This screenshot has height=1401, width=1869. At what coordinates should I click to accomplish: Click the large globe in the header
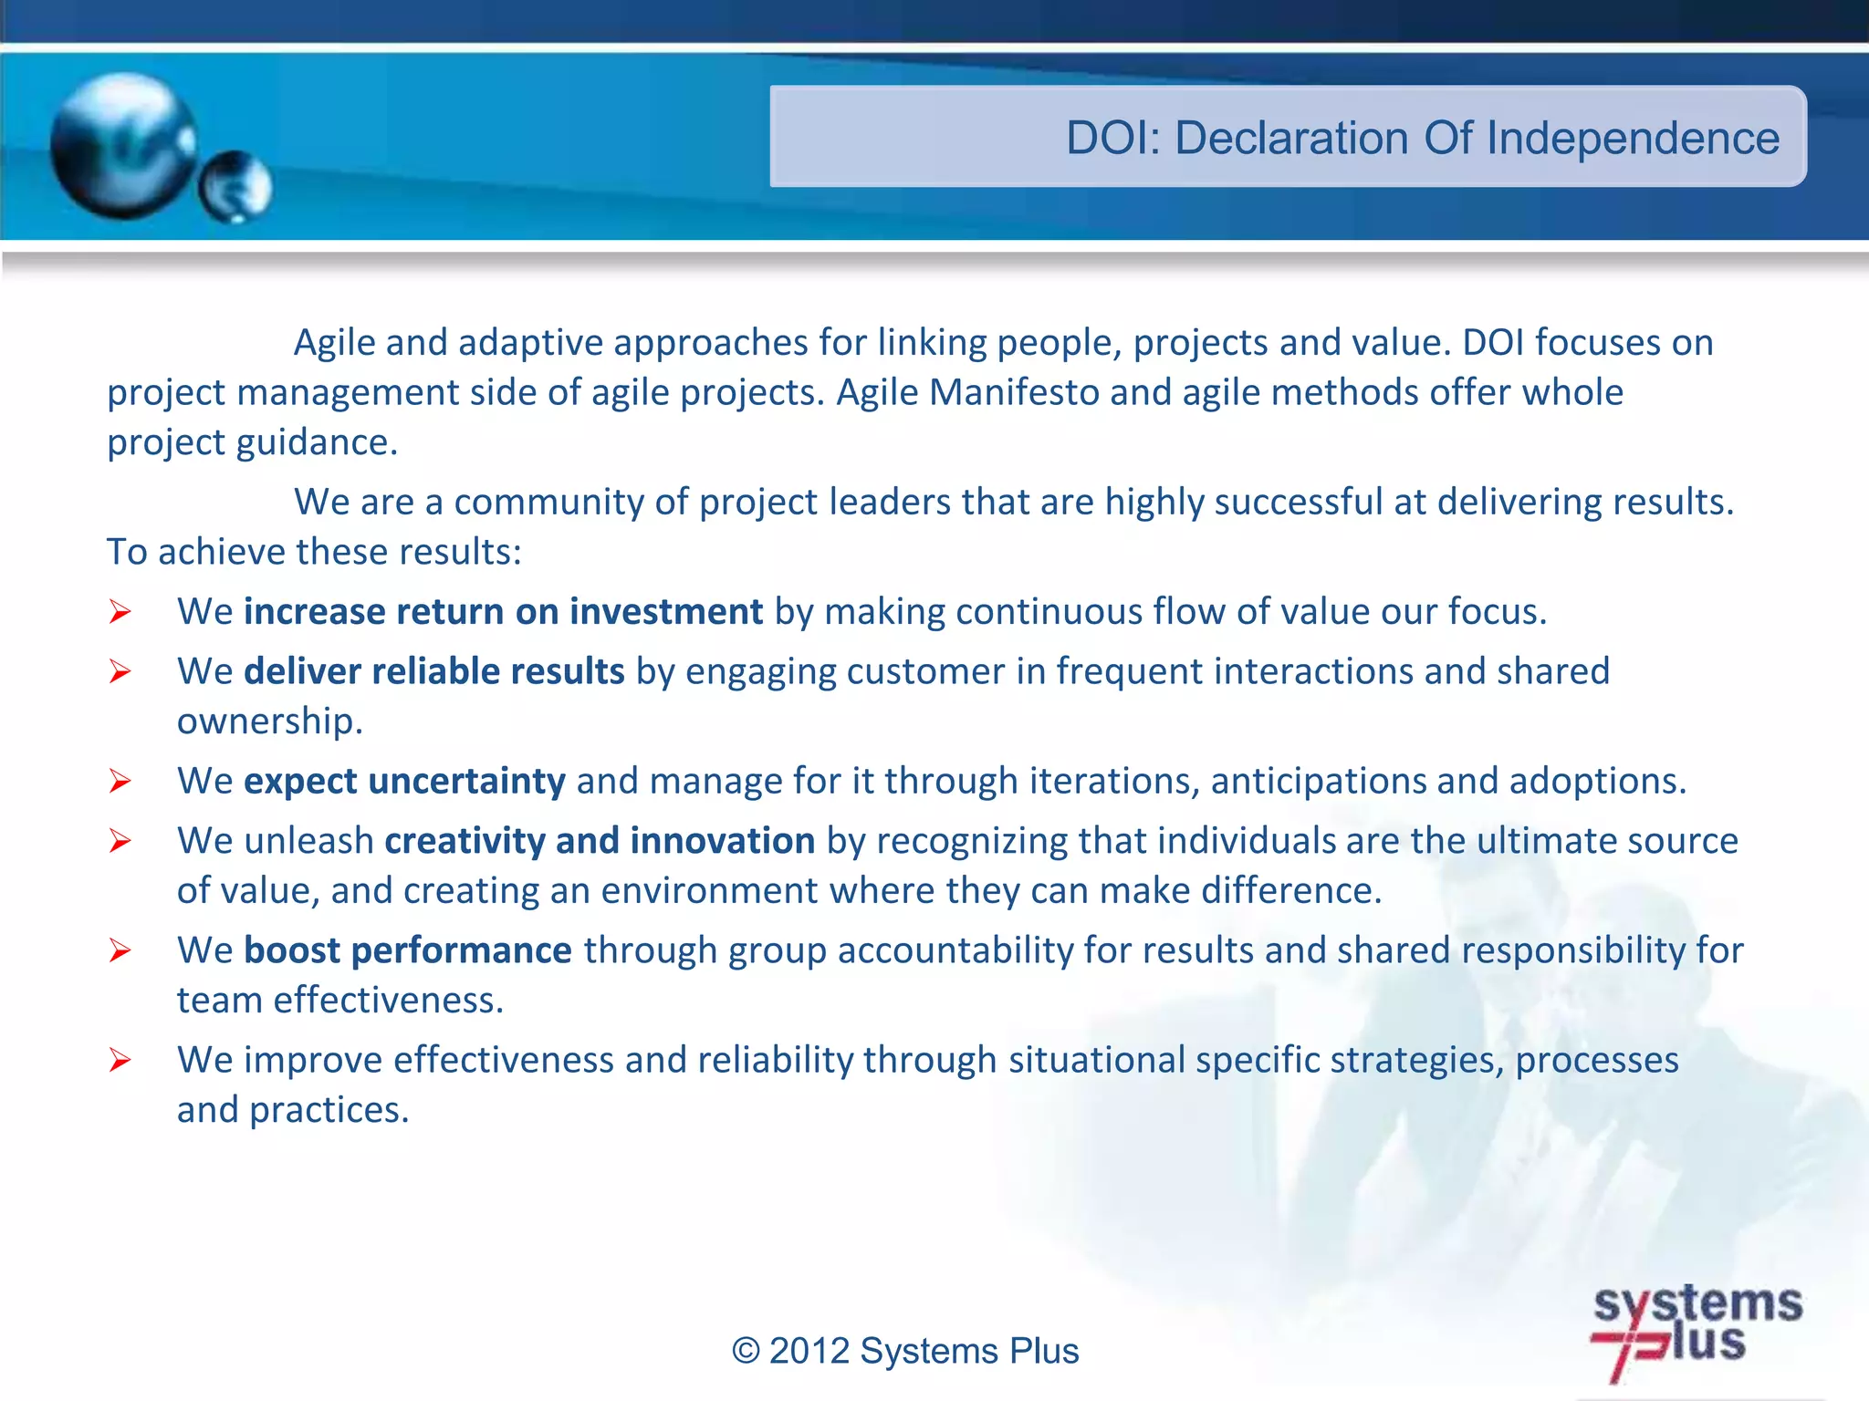tap(123, 146)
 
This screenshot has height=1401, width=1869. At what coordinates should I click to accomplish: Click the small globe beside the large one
tap(236, 187)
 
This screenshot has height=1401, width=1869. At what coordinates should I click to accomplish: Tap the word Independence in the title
tap(1633, 139)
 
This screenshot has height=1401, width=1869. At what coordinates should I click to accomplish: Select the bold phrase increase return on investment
tap(503, 611)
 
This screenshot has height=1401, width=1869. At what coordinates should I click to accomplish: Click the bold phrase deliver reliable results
tap(434, 671)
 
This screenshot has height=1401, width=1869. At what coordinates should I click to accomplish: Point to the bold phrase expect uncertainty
tap(404, 781)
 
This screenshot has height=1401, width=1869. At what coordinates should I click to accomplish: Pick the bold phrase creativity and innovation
tap(600, 841)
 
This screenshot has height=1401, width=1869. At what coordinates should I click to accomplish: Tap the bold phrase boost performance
tap(408, 950)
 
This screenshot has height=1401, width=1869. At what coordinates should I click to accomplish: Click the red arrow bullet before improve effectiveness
tap(120, 1061)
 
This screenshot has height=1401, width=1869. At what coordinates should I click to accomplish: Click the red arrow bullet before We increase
tap(120, 612)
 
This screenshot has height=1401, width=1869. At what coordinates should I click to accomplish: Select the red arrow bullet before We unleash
tap(120, 841)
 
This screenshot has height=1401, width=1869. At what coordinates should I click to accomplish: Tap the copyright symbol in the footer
tap(746, 1351)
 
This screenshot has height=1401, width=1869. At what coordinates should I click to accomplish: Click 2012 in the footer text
tap(809, 1351)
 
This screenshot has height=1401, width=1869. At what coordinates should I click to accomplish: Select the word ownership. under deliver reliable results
tap(270, 721)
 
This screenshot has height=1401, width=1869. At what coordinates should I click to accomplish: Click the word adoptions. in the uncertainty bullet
tap(1597, 781)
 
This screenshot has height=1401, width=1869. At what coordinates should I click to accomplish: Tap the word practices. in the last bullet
tap(329, 1110)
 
